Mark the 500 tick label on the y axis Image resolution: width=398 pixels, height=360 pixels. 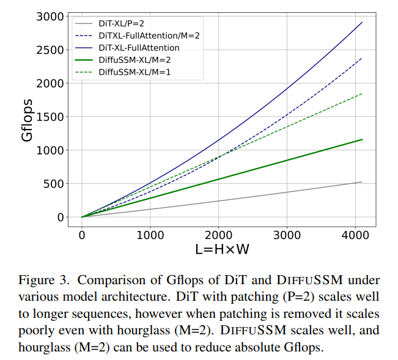[x=56, y=184]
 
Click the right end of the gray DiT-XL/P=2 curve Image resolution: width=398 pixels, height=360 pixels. [x=362, y=182]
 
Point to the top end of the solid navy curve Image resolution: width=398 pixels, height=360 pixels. [x=362, y=23]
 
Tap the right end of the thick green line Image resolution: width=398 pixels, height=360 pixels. [x=362, y=139]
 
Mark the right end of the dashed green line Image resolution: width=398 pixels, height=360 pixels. [x=362, y=94]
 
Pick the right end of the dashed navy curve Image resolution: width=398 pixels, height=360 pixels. [x=362, y=59]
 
